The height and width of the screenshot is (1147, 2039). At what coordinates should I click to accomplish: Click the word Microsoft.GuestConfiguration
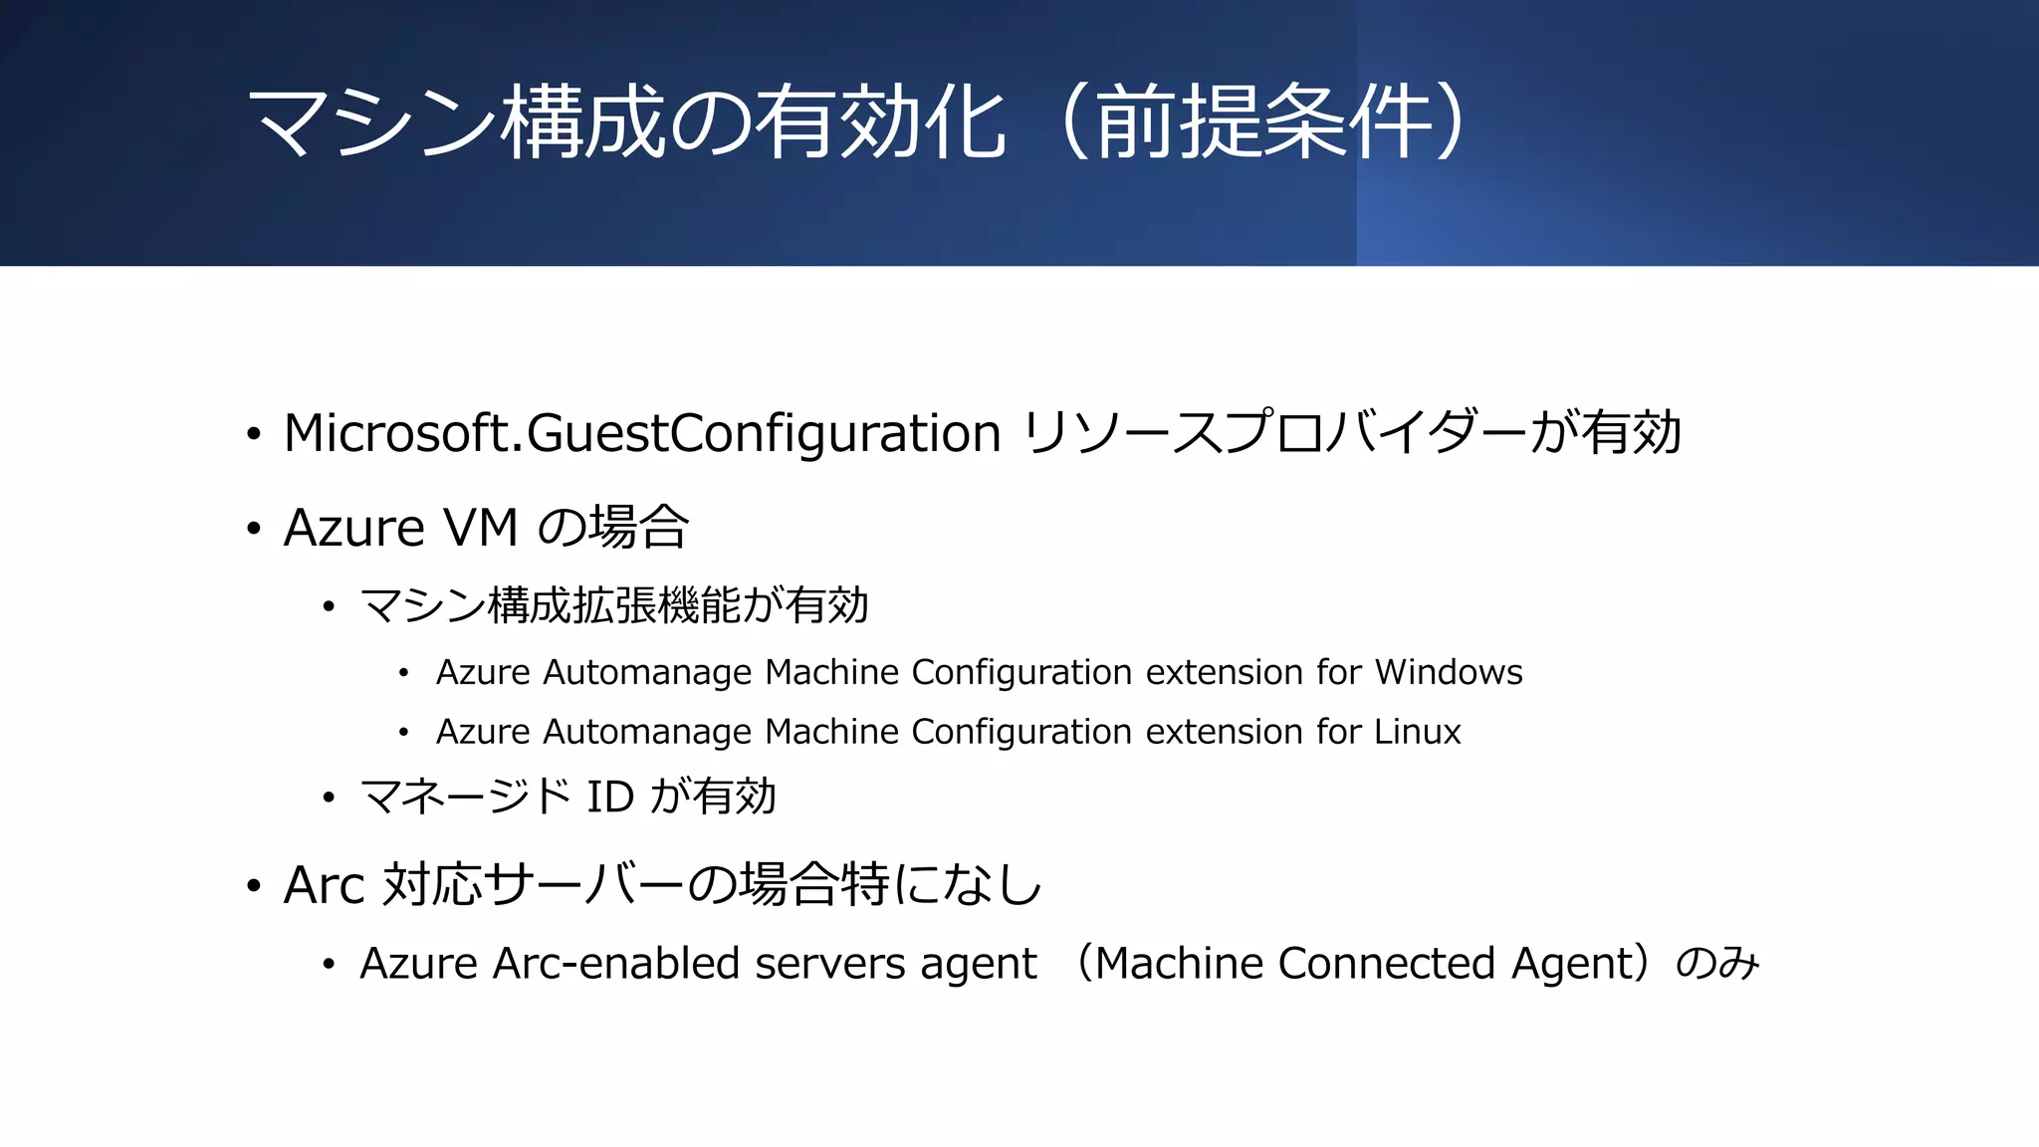coord(641,434)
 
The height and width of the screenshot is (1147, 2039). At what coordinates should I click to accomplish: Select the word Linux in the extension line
coord(1417,733)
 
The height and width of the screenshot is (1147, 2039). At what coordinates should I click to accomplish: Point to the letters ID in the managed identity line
coord(609,798)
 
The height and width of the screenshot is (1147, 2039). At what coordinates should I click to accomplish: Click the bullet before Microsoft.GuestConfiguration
coord(254,435)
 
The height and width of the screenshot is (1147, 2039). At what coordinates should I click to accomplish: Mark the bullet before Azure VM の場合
coord(254,529)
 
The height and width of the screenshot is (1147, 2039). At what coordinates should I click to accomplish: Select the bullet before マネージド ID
coord(329,799)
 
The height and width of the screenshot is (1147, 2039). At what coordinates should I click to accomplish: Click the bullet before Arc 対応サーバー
coord(254,886)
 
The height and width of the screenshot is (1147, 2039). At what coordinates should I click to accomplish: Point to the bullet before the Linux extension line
coord(403,734)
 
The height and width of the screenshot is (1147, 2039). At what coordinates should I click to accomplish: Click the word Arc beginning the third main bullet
coord(324,886)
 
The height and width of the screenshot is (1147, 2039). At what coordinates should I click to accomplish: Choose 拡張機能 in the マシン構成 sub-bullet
coord(657,606)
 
